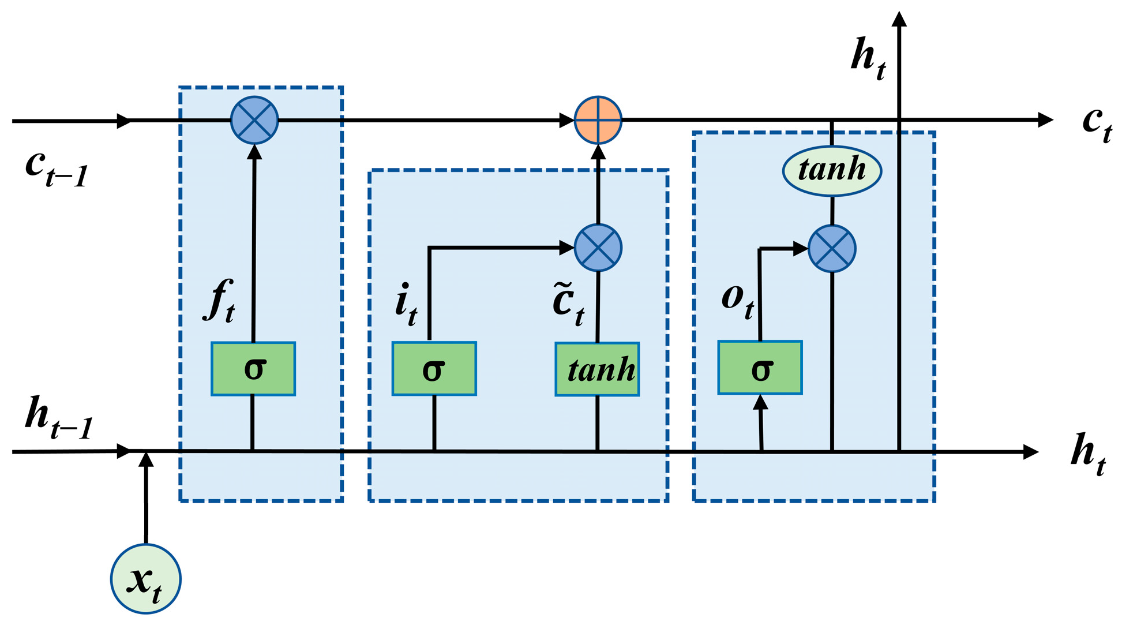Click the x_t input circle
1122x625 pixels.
point(145,578)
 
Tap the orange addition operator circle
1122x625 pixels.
point(598,120)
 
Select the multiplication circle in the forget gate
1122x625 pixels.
point(254,120)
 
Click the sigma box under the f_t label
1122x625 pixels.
point(253,369)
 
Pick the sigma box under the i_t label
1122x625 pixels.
point(434,369)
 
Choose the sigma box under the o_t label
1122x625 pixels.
point(760,368)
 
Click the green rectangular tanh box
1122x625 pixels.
point(597,369)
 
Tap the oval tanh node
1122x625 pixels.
point(832,171)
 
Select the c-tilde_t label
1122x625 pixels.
point(568,305)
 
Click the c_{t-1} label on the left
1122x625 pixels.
point(55,169)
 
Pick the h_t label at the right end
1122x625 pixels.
point(1088,454)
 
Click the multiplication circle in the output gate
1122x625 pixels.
point(832,249)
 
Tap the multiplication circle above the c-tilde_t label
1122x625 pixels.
point(598,248)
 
